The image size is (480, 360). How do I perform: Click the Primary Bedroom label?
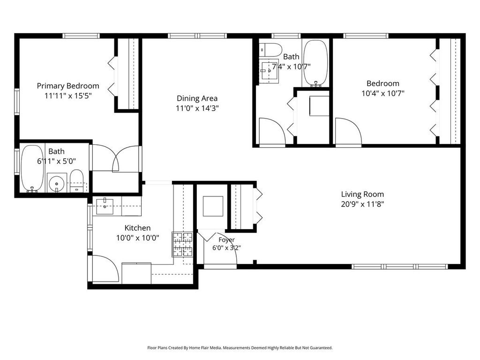pyautogui.click(x=68, y=86)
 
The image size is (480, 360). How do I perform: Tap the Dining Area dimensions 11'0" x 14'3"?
pyautogui.click(x=197, y=108)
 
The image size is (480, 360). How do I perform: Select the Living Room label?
pyautogui.click(x=362, y=194)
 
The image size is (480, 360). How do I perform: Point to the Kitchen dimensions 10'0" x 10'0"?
pyautogui.click(x=137, y=238)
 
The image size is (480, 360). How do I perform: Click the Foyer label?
pyautogui.click(x=226, y=240)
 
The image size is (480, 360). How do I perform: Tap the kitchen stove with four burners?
pyautogui.click(x=182, y=244)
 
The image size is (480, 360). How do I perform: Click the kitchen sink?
pyautogui.click(x=105, y=206)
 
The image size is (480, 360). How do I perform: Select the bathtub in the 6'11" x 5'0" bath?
pyautogui.click(x=32, y=168)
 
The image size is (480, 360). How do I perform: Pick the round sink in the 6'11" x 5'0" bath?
pyautogui.click(x=57, y=183)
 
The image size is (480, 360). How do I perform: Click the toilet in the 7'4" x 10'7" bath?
pyautogui.click(x=270, y=50)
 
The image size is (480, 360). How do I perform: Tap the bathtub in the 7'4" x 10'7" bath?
pyautogui.click(x=315, y=63)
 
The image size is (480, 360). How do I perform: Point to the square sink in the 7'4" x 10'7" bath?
pyautogui.click(x=269, y=71)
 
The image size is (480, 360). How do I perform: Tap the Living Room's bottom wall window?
pyautogui.click(x=400, y=267)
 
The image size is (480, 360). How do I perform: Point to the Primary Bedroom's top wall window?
pyautogui.click(x=81, y=36)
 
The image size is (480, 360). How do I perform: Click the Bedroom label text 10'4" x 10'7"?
pyautogui.click(x=383, y=93)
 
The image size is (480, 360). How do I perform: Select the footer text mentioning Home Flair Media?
pyautogui.click(x=240, y=348)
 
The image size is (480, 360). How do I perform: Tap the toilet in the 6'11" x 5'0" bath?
pyautogui.click(x=76, y=180)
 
